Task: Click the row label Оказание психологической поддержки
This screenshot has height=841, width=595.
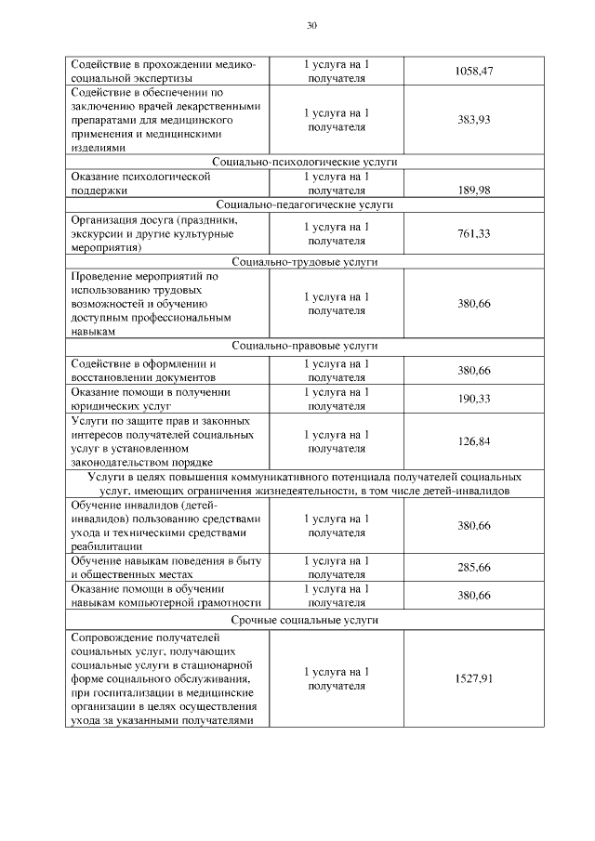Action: (140, 182)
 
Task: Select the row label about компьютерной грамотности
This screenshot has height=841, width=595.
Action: (163, 596)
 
